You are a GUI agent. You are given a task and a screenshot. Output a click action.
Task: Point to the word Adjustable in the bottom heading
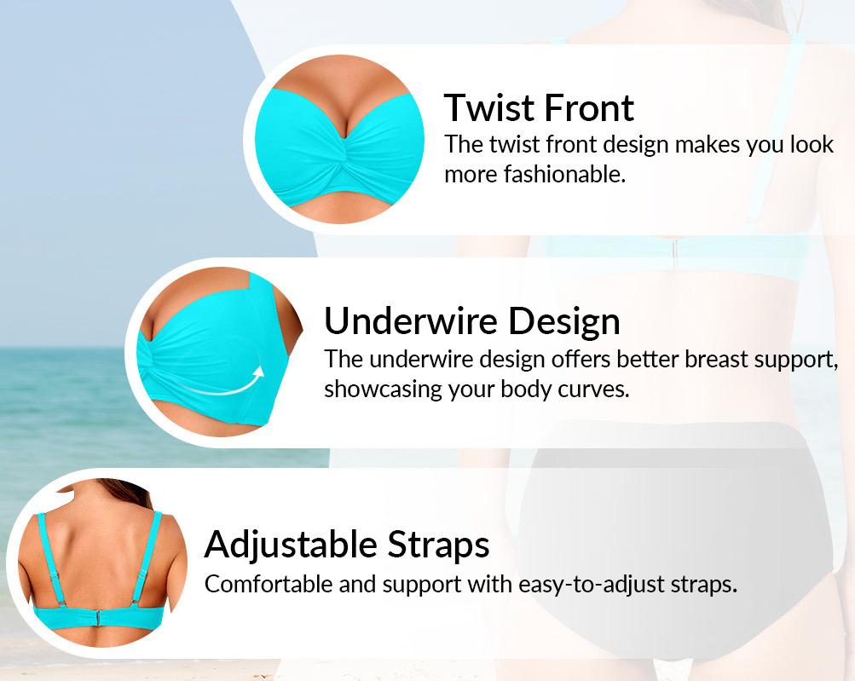pyautogui.click(x=290, y=544)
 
